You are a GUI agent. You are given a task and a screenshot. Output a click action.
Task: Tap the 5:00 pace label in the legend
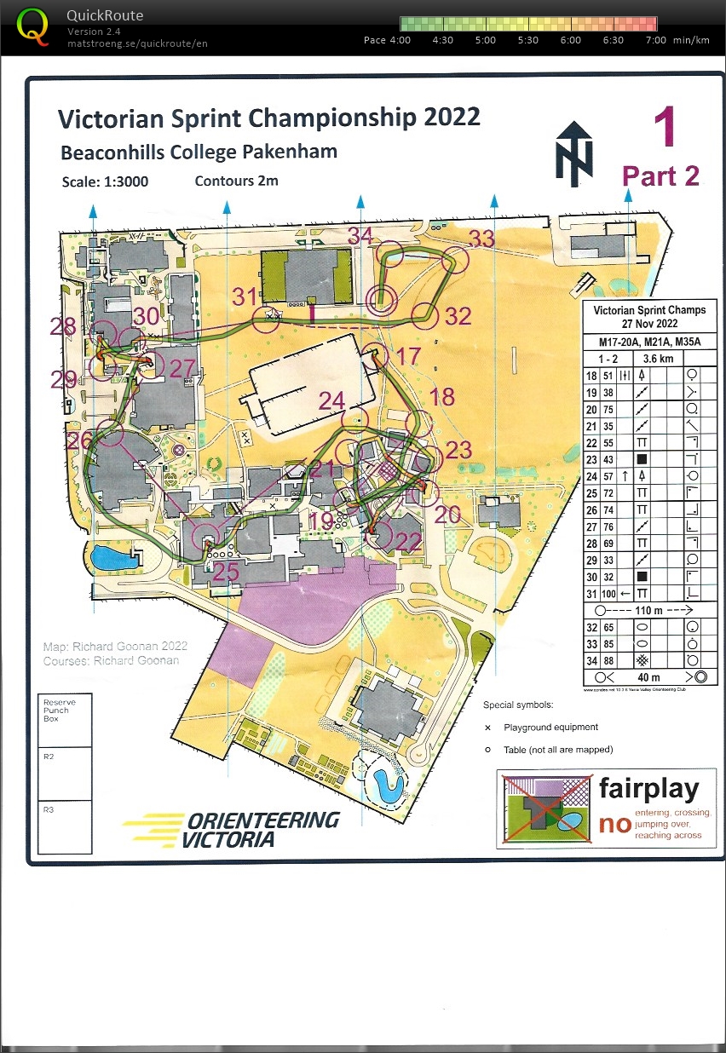(486, 40)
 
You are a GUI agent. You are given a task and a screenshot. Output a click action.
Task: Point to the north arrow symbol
(573, 153)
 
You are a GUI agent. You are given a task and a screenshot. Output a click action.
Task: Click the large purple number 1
(665, 128)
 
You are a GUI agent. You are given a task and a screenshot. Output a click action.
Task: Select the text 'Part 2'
(660, 175)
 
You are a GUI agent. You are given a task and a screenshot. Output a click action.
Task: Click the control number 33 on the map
(482, 239)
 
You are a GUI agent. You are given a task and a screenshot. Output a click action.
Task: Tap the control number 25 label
(225, 572)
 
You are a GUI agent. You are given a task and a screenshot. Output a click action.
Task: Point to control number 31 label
(245, 296)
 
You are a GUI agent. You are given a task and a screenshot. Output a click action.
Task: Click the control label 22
(408, 542)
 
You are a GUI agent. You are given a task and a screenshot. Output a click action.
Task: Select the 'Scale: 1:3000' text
(110, 182)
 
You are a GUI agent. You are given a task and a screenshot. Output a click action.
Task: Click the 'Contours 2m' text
(236, 181)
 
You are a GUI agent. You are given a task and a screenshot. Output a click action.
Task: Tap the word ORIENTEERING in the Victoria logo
(262, 820)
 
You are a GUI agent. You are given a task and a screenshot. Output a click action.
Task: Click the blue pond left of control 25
(108, 559)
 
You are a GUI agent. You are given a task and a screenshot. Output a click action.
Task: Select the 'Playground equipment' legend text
(550, 728)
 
